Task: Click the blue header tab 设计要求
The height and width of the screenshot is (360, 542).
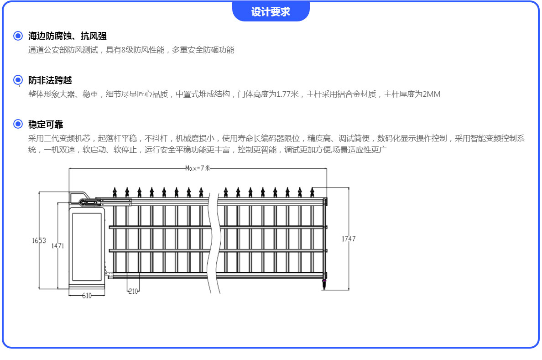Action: point(271,11)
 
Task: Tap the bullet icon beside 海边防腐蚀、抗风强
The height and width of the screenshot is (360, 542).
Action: point(18,36)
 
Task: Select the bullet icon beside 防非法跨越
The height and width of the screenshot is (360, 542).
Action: point(18,80)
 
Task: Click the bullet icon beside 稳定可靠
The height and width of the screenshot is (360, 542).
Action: point(18,124)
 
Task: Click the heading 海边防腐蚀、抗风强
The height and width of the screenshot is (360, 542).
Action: point(68,36)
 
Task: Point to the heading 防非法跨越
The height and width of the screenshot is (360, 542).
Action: point(50,80)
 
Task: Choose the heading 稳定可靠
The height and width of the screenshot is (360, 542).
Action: point(46,124)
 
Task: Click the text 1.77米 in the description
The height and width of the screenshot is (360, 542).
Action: point(287,94)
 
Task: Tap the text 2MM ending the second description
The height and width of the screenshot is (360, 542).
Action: point(432,94)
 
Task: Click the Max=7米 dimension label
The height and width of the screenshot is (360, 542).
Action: point(198,168)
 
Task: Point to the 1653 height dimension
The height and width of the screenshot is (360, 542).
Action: point(39,240)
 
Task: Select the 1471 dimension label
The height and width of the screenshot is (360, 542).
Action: point(58,246)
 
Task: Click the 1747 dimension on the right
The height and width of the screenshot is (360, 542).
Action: point(349,239)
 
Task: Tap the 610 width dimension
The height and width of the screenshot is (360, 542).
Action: point(87,296)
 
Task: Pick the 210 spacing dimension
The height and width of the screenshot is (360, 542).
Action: point(133,291)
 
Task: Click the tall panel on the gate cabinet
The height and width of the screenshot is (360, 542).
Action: point(87,246)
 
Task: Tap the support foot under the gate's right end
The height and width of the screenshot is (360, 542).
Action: point(324,284)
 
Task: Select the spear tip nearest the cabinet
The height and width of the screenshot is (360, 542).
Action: point(115,192)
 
